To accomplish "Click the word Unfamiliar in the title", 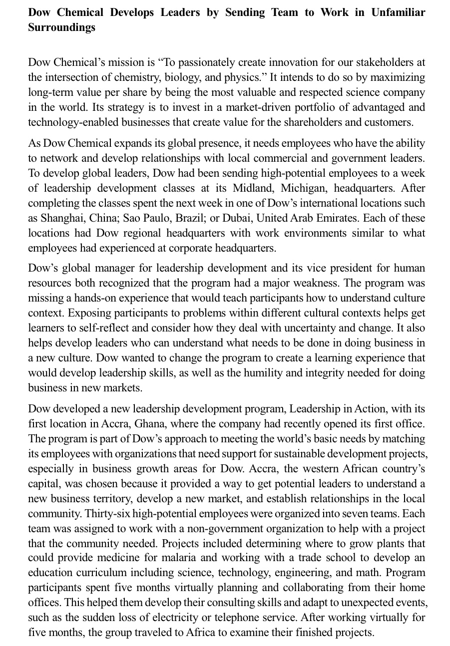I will pos(398,12).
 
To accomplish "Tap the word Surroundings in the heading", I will pos(61,27).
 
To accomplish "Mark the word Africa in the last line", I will pos(200,633).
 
